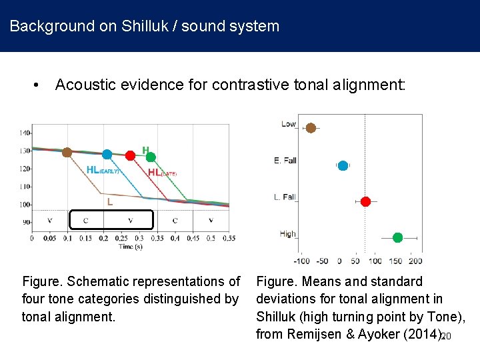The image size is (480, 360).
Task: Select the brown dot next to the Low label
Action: [x=311, y=128]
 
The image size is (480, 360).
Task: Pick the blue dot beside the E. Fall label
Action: [x=343, y=165]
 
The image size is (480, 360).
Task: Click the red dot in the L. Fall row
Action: [x=365, y=201]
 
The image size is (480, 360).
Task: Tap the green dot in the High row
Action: [x=397, y=237]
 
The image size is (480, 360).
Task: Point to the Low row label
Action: [x=288, y=124]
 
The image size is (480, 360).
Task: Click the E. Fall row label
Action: [x=285, y=161]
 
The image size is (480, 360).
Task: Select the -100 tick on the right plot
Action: [x=301, y=261]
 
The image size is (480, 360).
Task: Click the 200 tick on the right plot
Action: [x=415, y=261]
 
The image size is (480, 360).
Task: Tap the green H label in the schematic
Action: [x=145, y=150]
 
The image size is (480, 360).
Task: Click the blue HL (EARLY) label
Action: [x=103, y=170]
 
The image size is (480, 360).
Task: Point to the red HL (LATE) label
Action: [x=162, y=173]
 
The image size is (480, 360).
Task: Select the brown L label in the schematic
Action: [x=110, y=200]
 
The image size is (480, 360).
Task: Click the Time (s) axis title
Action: [x=130, y=246]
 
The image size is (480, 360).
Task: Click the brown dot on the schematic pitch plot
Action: [x=67, y=153]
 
